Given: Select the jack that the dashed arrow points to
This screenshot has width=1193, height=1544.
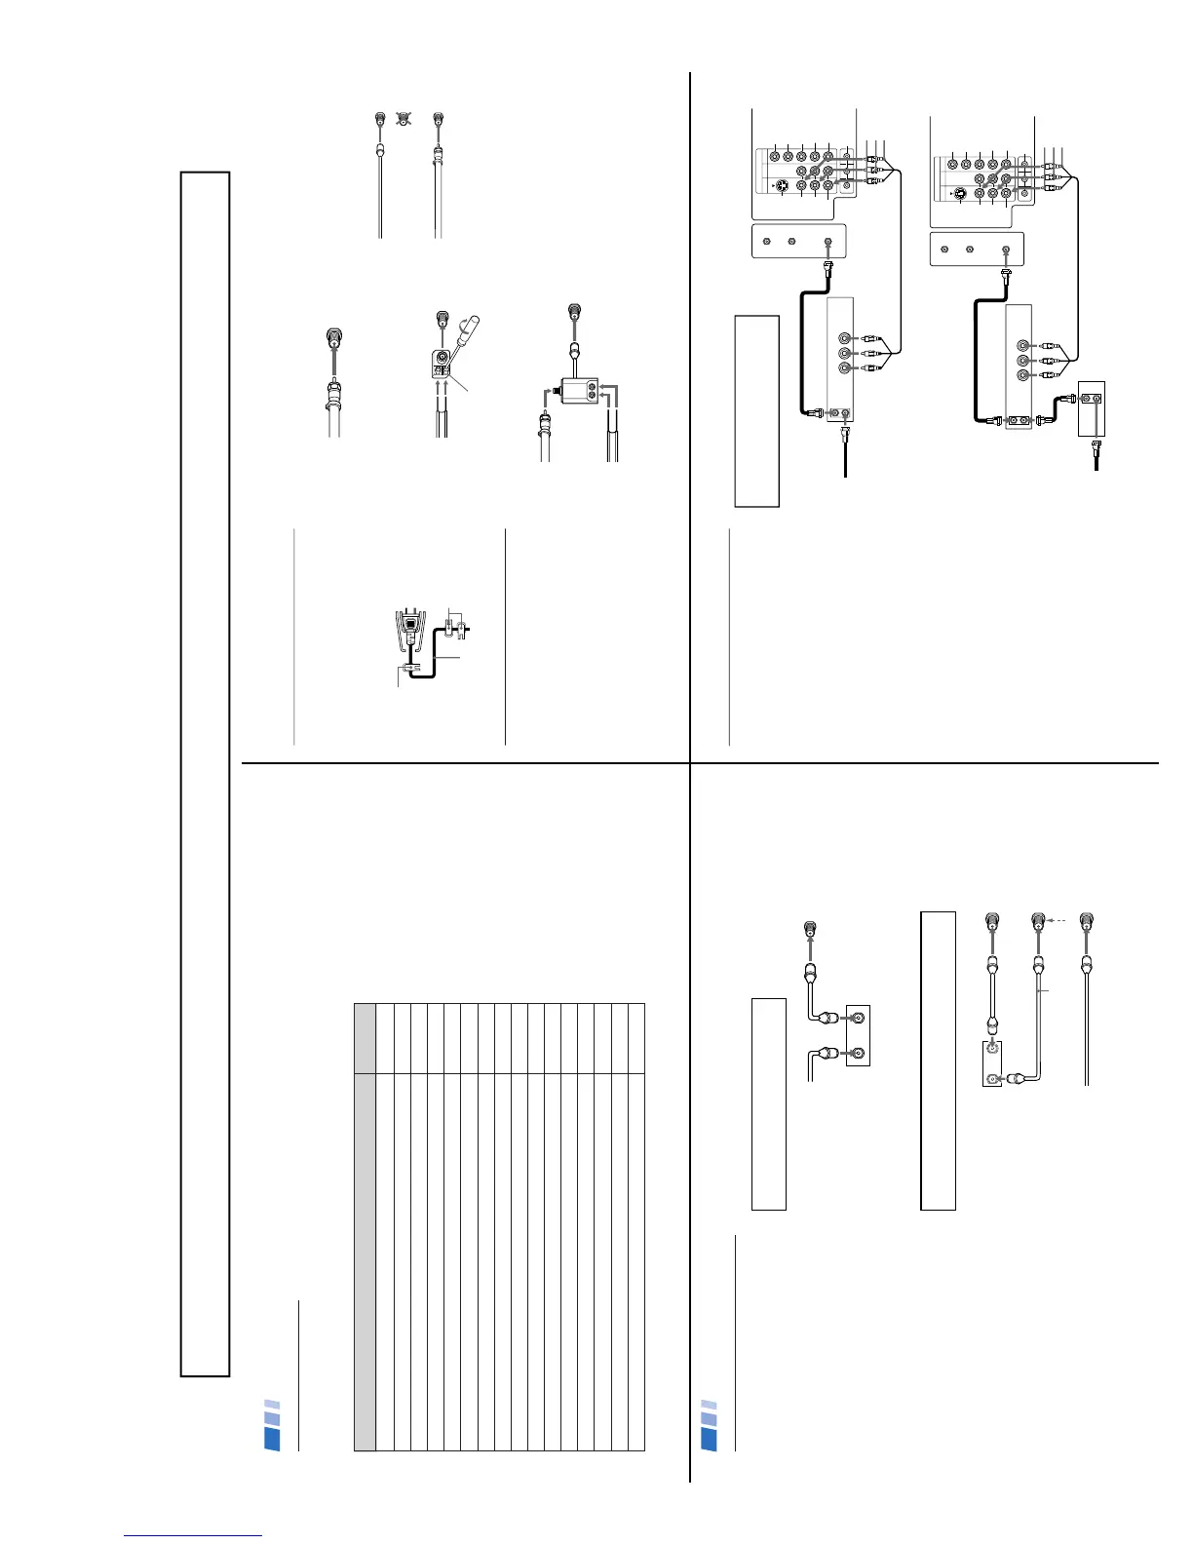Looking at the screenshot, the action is (x=1038, y=919).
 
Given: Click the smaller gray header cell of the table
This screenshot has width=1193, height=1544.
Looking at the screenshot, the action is (x=365, y=1039).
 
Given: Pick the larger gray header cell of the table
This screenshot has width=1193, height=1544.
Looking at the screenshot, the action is (x=365, y=1262).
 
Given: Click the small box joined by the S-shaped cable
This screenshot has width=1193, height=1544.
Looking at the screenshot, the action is (x=1091, y=407).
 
